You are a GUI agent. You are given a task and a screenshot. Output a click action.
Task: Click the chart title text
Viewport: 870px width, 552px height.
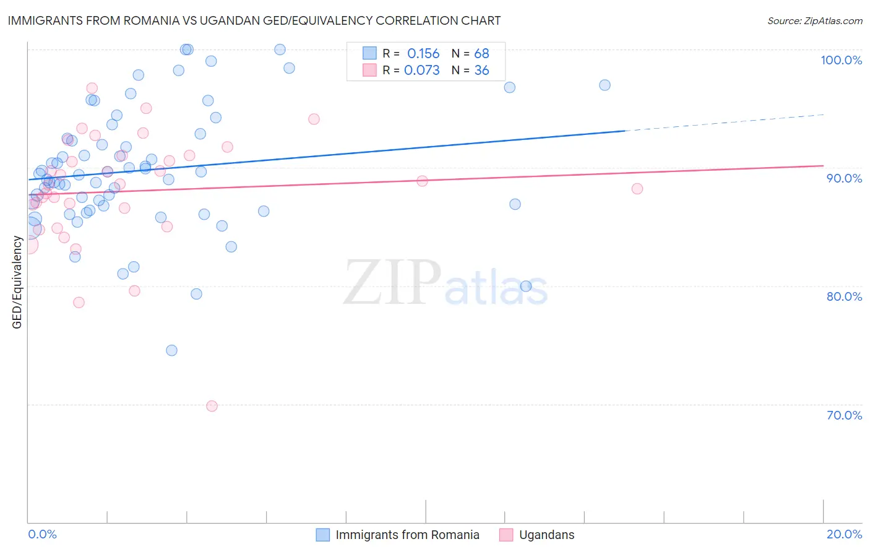pyautogui.click(x=254, y=20)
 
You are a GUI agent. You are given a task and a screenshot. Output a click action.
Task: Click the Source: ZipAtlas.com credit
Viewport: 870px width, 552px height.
pyautogui.click(x=814, y=21)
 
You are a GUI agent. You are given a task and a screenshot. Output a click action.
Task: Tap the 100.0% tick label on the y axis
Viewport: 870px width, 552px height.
pyautogui.click(x=841, y=60)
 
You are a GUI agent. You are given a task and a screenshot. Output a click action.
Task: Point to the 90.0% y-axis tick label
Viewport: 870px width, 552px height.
pyautogui.click(x=844, y=178)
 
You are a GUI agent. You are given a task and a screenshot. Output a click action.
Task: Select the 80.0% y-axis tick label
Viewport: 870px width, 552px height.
pyautogui.click(x=844, y=296)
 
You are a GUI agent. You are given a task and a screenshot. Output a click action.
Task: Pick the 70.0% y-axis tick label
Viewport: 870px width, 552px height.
pyautogui.click(x=844, y=415)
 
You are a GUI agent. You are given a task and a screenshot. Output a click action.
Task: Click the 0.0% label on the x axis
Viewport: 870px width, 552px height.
pyautogui.click(x=42, y=534)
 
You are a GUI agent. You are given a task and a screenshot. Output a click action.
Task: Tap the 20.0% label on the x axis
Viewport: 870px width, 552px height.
pyautogui.click(x=844, y=534)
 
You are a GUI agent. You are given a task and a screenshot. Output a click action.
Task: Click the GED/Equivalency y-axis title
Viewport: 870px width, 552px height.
pyautogui.click(x=17, y=282)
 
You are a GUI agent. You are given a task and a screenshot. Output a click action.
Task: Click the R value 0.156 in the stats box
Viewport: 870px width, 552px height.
pyautogui.click(x=423, y=54)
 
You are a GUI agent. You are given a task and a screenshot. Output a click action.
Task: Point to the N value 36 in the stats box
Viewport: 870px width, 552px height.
pyautogui.click(x=481, y=71)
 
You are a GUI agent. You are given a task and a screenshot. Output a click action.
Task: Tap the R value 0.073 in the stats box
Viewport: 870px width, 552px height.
pyautogui.click(x=422, y=71)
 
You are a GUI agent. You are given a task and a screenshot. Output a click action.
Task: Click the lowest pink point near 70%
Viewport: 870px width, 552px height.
pyautogui.click(x=212, y=406)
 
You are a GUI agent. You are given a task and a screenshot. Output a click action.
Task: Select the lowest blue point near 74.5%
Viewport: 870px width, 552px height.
pyautogui.click(x=171, y=350)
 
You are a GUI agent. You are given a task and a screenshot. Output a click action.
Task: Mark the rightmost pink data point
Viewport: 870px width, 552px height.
pyautogui.click(x=637, y=189)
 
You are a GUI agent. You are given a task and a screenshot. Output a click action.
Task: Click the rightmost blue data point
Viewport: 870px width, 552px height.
pyautogui.click(x=605, y=85)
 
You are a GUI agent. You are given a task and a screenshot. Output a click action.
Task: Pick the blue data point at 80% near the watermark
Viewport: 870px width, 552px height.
pyautogui.click(x=526, y=286)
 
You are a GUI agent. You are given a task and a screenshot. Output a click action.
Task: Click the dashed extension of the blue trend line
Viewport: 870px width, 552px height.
pyautogui.click(x=724, y=123)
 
